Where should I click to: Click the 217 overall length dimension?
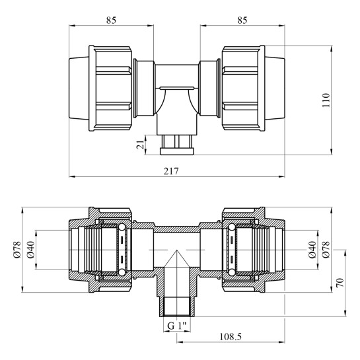(x=171, y=171)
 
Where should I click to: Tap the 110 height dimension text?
(x=326, y=100)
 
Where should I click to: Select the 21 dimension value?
(x=140, y=145)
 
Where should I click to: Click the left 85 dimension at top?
(x=111, y=20)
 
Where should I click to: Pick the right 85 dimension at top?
(x=242, y=20)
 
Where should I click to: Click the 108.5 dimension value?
(x=231, y=337)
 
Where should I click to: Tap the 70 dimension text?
(x=340, y=283)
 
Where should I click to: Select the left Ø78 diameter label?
(x=17, y=250)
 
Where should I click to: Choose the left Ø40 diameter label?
(x=31, y=250)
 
